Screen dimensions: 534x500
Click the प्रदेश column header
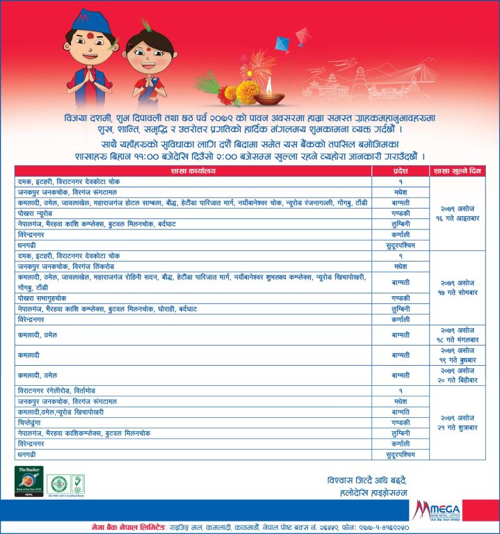coord(401,171)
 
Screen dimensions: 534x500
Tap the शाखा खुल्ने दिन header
coord(458,171)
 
